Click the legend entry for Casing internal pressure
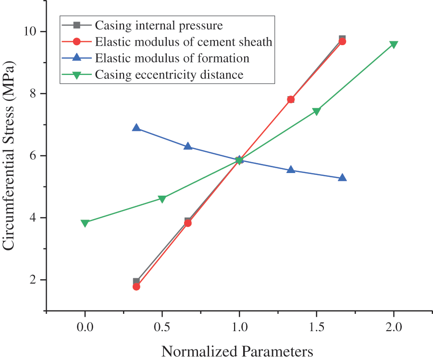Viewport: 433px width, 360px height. coord(159,25)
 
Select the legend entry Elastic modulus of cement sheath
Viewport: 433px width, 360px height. coord(184,42)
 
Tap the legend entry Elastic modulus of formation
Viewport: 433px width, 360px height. coord(172,58)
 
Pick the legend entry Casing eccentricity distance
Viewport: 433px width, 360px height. coord(169,74)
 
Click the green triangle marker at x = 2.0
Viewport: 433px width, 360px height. coord(394,45)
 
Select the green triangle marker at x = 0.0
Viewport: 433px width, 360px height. coord(85,223)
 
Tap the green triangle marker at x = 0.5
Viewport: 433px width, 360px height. coord(162,199)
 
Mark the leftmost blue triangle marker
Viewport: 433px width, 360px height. coord(136,128)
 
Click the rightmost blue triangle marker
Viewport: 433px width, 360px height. coord(342,178)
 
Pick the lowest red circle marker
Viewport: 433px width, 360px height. coord(136,286)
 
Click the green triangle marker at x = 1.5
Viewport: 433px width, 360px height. coord(316,112)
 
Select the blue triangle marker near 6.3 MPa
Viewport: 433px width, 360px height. coord(188,146)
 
